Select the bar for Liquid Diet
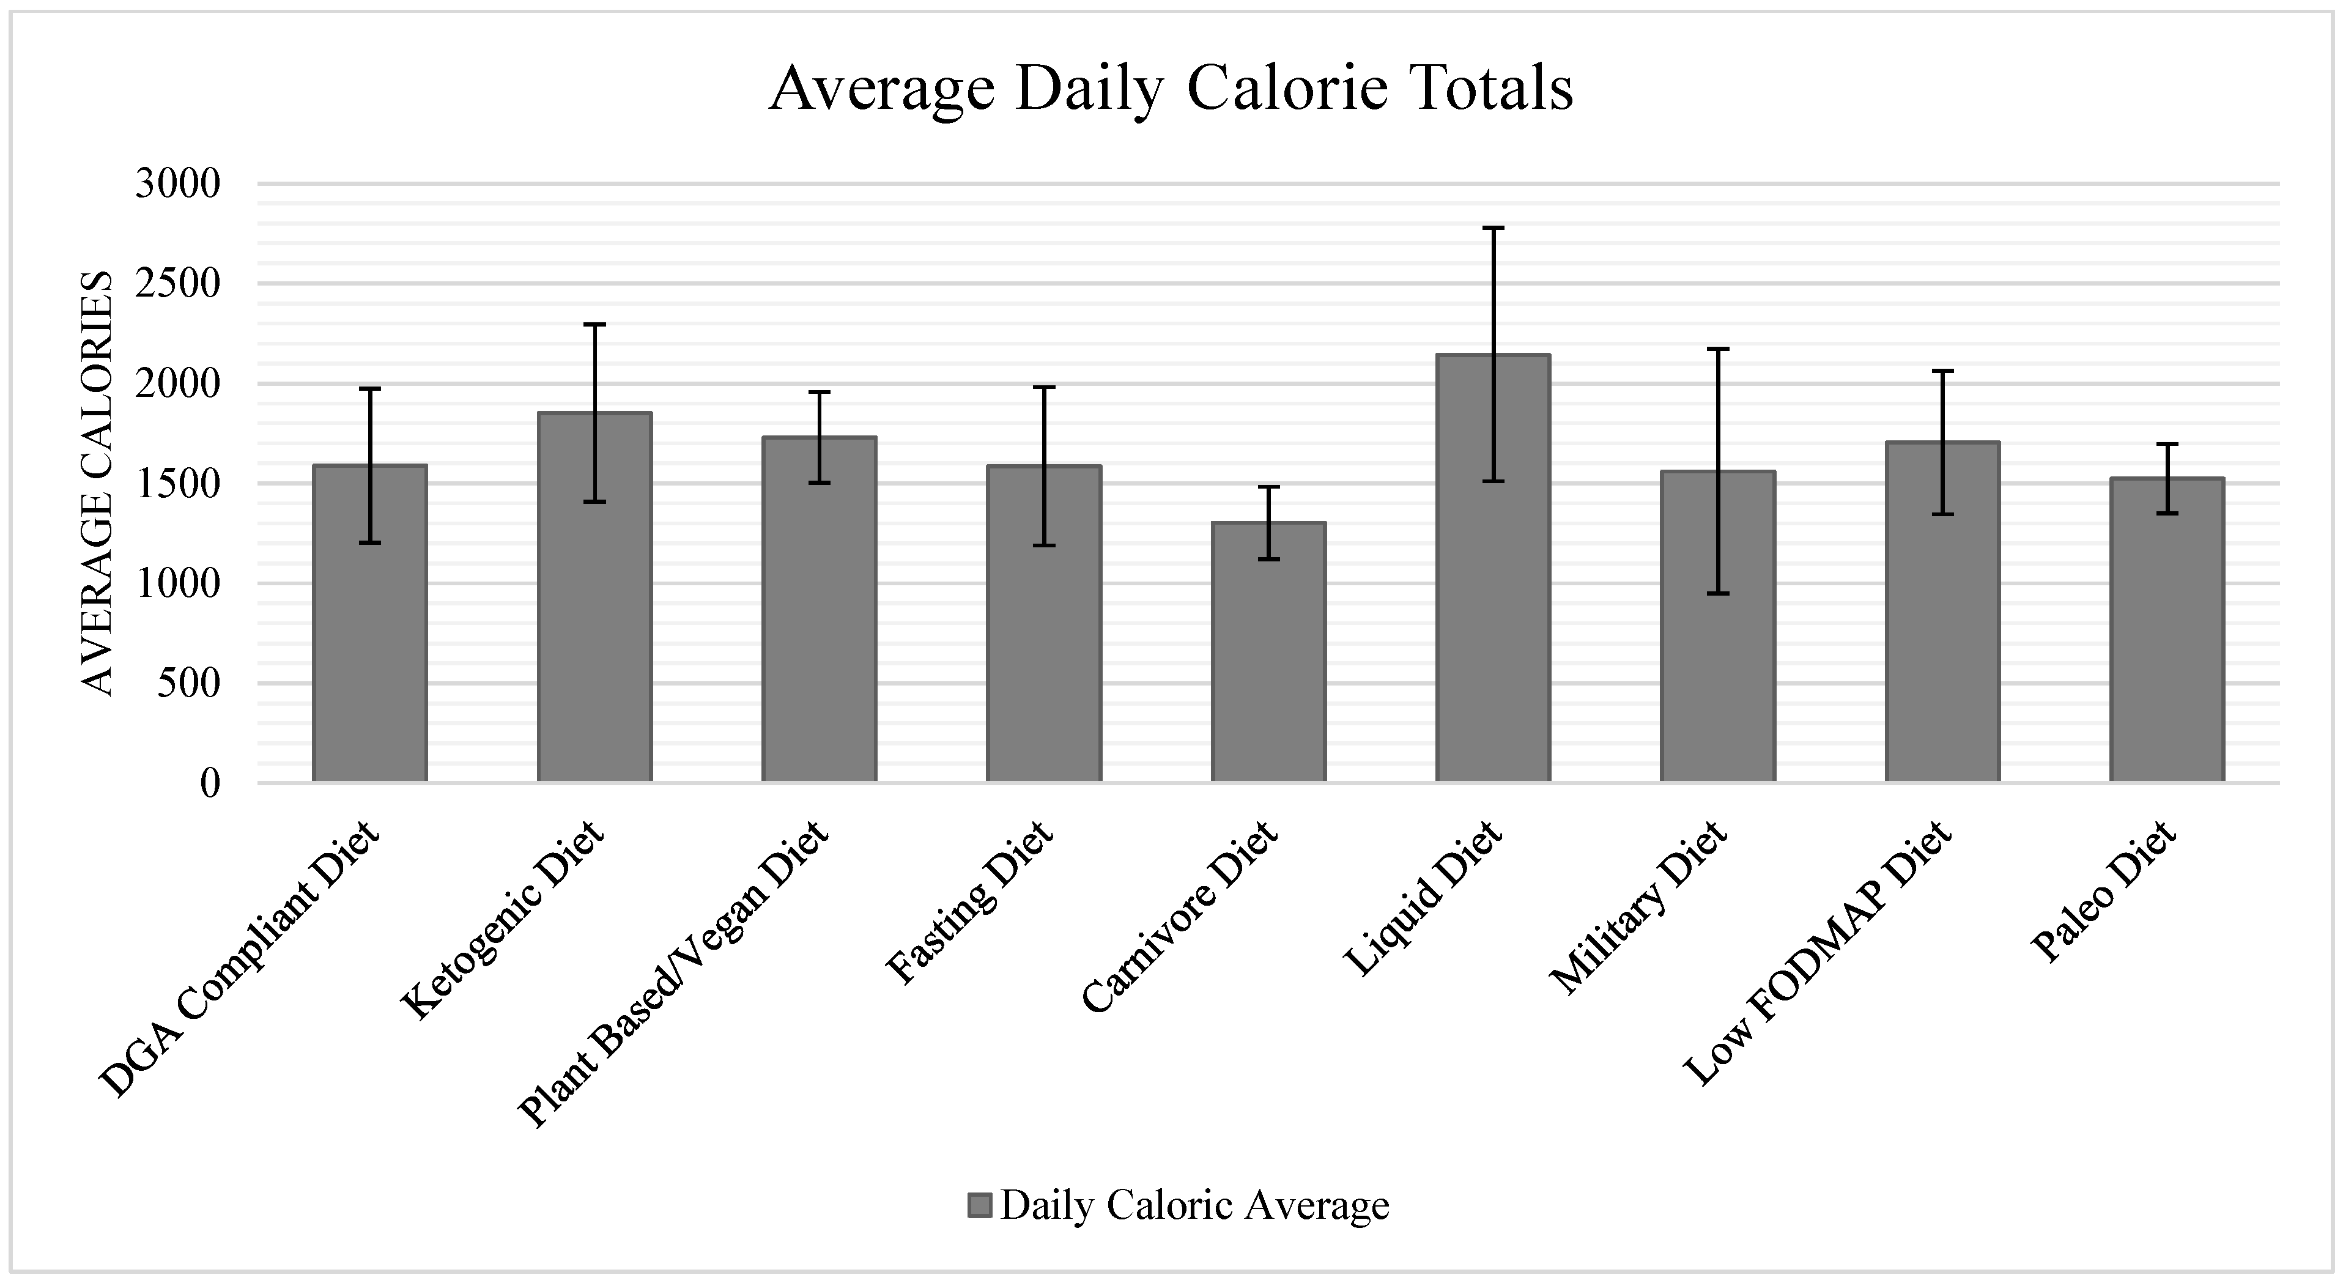pyautogui.click(x=1492, y=568)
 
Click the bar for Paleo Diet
pyautogui.click(x=2166, y=629)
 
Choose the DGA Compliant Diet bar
pyautogui.click(x=369, y=623)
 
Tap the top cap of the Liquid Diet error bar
pyautogui.click(x=1492, y=228)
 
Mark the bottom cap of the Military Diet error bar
pyautogui.click(x=1717, y=594)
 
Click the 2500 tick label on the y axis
pyautogui.click(x=177, y=284)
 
